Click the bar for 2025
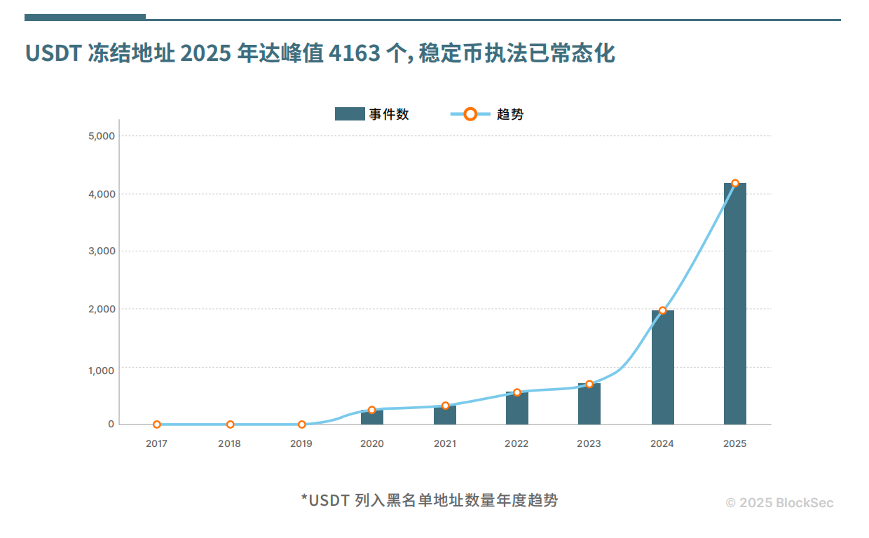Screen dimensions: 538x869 click(734, 303)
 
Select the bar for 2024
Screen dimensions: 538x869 click(662, 367)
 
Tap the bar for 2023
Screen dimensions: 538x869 click(589, 404)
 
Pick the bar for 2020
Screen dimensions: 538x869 click(372, 418)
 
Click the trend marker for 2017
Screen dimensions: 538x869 click(157, 425)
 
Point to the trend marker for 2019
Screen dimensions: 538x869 click(302, 425)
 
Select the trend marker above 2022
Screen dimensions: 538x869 click(517, 393)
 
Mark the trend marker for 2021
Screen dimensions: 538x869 click(445, 406)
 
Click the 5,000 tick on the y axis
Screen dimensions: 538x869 click(102, 136)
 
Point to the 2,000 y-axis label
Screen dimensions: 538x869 click(102, 309)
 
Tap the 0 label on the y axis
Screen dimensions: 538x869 click(111, 425)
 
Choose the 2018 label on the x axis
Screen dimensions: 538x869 click(229, 444)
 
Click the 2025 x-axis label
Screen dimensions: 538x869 click(734, 444)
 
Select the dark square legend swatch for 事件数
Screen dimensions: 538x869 click(350, 114)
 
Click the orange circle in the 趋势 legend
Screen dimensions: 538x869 click(470, 114)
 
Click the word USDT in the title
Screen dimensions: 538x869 click(53, 53)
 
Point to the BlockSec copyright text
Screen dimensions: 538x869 click(779, 503)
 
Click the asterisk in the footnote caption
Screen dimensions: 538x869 click(305, 499)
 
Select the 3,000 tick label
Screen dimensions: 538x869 click(102, 251)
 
